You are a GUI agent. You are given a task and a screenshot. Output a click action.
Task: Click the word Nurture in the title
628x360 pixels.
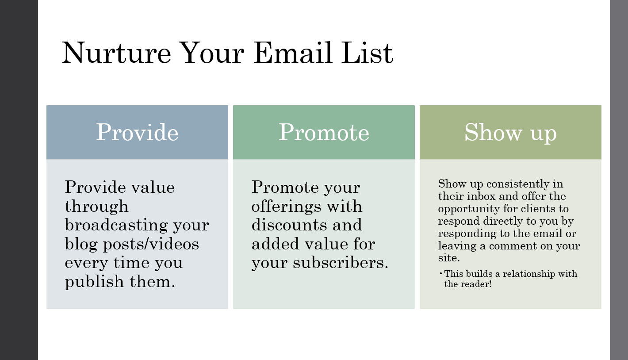[116, 53]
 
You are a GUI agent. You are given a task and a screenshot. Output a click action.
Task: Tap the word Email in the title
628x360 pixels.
[293, 53]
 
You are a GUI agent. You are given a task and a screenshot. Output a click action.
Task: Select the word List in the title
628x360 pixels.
[367, 53]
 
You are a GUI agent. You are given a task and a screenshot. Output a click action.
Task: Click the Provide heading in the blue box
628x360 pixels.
[137, 132]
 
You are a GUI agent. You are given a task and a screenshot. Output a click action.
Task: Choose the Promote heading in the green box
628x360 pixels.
[324, 132]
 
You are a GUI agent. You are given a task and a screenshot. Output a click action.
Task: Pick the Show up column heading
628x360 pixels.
[510, 133]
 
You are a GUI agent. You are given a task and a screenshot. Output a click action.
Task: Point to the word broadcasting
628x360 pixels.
[116, 226]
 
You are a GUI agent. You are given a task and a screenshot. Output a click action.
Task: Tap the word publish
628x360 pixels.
[94, 282]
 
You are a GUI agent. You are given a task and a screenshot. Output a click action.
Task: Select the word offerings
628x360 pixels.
[286, 207]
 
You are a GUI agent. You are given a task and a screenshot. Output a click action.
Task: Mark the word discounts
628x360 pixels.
[289, 225]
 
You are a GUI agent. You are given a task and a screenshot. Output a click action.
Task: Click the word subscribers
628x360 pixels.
[341, 263]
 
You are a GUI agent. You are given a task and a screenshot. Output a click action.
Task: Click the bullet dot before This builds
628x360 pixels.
[441, 273]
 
